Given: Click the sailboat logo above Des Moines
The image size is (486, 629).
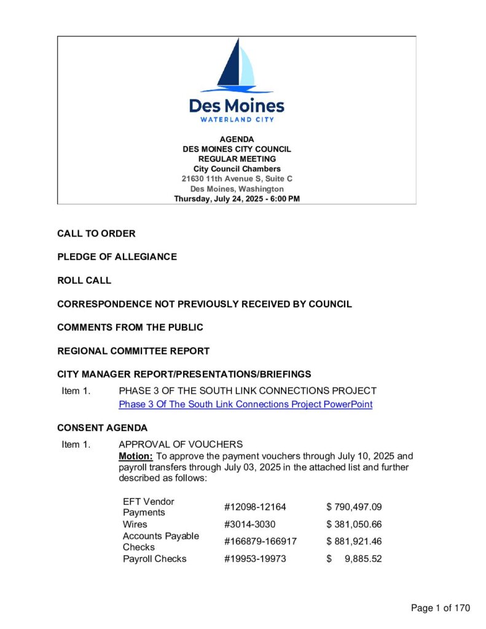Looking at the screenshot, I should [237, 64].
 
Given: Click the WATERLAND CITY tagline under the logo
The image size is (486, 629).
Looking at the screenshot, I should [237, 119].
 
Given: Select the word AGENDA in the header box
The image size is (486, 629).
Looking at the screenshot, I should [237, 139].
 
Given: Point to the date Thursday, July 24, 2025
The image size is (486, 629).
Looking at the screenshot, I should [237, 198].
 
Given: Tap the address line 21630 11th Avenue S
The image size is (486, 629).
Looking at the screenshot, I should [237, 179].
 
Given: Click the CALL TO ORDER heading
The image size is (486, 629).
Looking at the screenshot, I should [96, 234].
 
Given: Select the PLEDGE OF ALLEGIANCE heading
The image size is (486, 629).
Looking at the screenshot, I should [117, 257].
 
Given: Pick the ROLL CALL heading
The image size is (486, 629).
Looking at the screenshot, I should [84, 281].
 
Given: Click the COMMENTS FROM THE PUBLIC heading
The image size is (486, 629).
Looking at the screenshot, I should [130, 327].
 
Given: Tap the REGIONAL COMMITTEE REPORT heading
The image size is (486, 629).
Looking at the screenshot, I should [133, 351].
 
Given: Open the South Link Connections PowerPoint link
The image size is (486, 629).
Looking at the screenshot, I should [245, 404].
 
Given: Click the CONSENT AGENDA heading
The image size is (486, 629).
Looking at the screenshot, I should [102, 428].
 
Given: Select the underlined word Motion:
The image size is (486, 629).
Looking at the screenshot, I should [136, 456].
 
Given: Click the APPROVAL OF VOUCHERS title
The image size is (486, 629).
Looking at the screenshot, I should [181, 444].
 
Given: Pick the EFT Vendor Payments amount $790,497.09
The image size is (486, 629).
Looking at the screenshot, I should [354, 507].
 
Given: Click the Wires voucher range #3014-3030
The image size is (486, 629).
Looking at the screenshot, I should [250, 525].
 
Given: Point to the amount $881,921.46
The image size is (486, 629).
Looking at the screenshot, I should [354, 541].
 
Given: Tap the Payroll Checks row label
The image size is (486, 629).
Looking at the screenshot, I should [155, 559].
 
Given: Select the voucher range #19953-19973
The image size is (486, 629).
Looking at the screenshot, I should [255, 559].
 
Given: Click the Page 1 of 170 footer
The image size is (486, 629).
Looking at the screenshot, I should [440, 608].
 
